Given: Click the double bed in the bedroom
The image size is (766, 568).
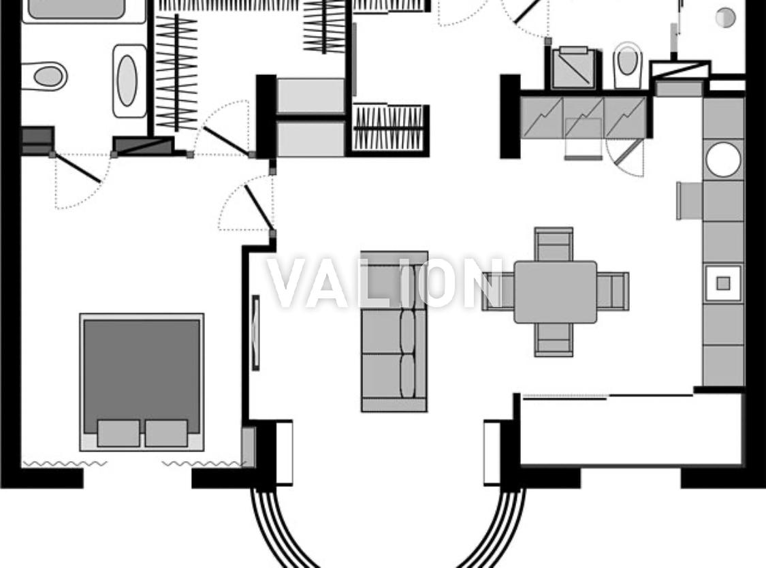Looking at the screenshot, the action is click(142, 382).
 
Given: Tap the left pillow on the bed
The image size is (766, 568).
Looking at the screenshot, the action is click(118, 433).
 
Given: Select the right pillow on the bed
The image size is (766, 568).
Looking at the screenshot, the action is click(166, 433).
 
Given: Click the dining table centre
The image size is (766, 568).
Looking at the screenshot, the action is click(555, 291).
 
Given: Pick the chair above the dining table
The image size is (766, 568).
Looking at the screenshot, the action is click(554, 244).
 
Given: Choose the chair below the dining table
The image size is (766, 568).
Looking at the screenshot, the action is click(554, 340).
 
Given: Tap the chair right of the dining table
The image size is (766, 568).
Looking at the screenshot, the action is click(613, 291).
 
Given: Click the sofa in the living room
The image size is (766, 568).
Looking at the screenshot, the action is click(394, 332).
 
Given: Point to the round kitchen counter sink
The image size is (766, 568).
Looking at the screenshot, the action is click(723, 159).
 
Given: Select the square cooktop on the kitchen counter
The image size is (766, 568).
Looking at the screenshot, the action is click(723, 283).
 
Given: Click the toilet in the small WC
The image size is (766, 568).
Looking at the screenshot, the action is click(627, 65).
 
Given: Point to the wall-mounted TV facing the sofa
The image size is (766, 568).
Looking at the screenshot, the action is click(255, 332).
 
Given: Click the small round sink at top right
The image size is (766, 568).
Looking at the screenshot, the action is click(725, 18).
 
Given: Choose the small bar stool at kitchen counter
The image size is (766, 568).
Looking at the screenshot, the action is click(689, 200).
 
